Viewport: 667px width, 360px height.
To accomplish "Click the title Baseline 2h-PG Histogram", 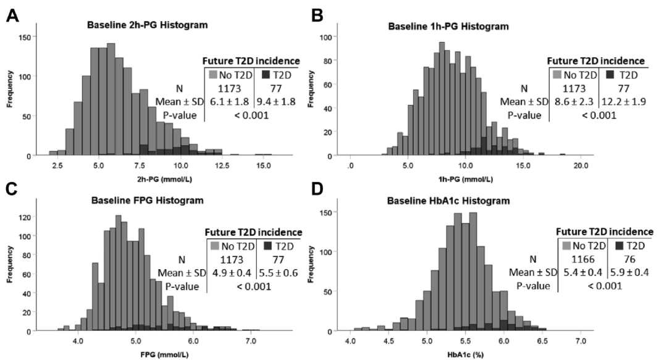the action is [147, 25].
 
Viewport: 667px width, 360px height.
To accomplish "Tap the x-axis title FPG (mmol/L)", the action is [164, 354].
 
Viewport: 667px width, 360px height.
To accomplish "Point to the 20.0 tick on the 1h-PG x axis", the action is [581, 165].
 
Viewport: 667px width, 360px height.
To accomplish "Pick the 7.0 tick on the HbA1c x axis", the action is [581, 341].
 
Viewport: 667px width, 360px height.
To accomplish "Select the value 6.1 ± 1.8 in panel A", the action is [229, 102].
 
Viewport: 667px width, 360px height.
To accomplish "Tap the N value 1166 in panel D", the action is [583, 259].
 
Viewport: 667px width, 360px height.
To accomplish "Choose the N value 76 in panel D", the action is [629, 259].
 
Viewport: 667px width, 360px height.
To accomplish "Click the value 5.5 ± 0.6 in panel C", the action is [278, 273].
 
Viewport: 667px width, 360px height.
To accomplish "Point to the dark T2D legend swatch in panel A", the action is [266, 75].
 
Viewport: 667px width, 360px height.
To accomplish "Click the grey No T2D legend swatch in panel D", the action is [566, 246].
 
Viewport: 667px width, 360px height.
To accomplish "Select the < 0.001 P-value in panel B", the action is [599, 115].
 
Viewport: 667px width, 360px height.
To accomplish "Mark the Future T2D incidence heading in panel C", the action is [254, 232].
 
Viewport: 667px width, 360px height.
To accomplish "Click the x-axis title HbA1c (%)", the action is [466, 354].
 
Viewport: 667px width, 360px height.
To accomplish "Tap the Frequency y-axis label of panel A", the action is [10, 89].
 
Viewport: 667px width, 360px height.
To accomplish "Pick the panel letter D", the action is [317, 190].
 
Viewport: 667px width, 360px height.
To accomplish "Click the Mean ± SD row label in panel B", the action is [524, 102].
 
